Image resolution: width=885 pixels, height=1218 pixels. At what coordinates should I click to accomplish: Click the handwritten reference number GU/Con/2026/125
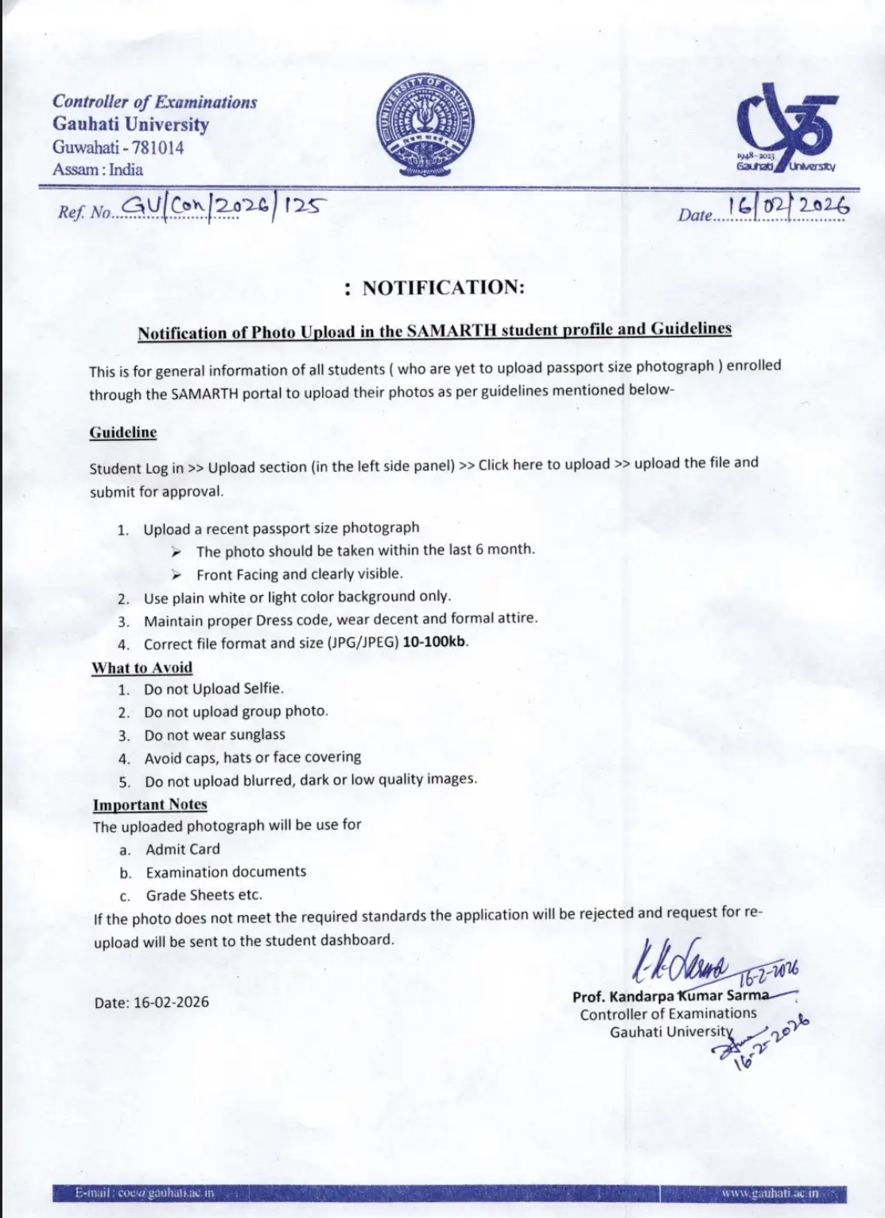point(222,208)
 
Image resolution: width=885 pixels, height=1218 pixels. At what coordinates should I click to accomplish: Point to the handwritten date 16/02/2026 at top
point(788,206)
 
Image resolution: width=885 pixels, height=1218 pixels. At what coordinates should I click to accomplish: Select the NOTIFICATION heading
point(435,288)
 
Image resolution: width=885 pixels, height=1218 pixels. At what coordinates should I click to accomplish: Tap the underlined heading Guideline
point(123,432)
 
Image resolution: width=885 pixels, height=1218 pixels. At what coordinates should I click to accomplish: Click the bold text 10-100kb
point(435,642)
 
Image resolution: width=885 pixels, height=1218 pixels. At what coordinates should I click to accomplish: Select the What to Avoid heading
point(142,667)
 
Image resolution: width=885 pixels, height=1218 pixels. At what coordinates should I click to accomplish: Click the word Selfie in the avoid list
point(260,689)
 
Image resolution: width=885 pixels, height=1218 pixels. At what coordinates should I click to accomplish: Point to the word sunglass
point(257,734)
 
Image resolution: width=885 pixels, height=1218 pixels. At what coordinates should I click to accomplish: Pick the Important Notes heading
point(150,804)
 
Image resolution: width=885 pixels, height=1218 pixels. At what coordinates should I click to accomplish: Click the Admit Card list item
point(183,849)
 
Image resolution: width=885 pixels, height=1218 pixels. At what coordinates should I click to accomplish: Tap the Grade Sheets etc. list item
point(204,895)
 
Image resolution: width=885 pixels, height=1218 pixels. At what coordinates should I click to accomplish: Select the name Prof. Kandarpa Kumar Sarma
point(670,996)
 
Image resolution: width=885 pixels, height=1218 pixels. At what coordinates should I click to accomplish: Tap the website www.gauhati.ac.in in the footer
point(770,1193)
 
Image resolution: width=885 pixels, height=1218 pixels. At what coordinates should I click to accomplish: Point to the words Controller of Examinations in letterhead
point(155,102)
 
